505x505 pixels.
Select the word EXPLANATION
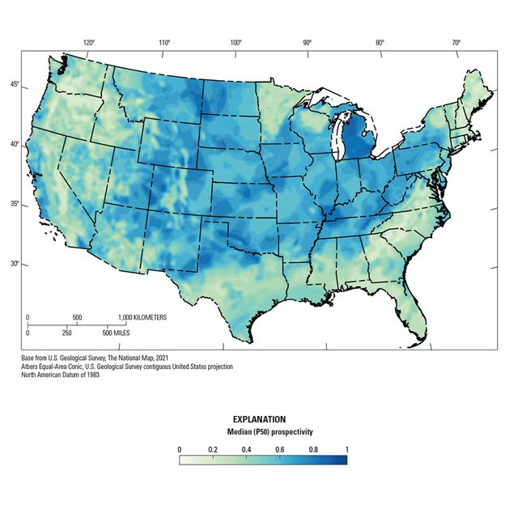[259, 419]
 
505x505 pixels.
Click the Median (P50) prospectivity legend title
[262, 433]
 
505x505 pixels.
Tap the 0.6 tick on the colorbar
[280, 448]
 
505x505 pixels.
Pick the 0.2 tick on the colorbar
[212, 448]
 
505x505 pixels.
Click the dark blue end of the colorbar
[343, 460]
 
